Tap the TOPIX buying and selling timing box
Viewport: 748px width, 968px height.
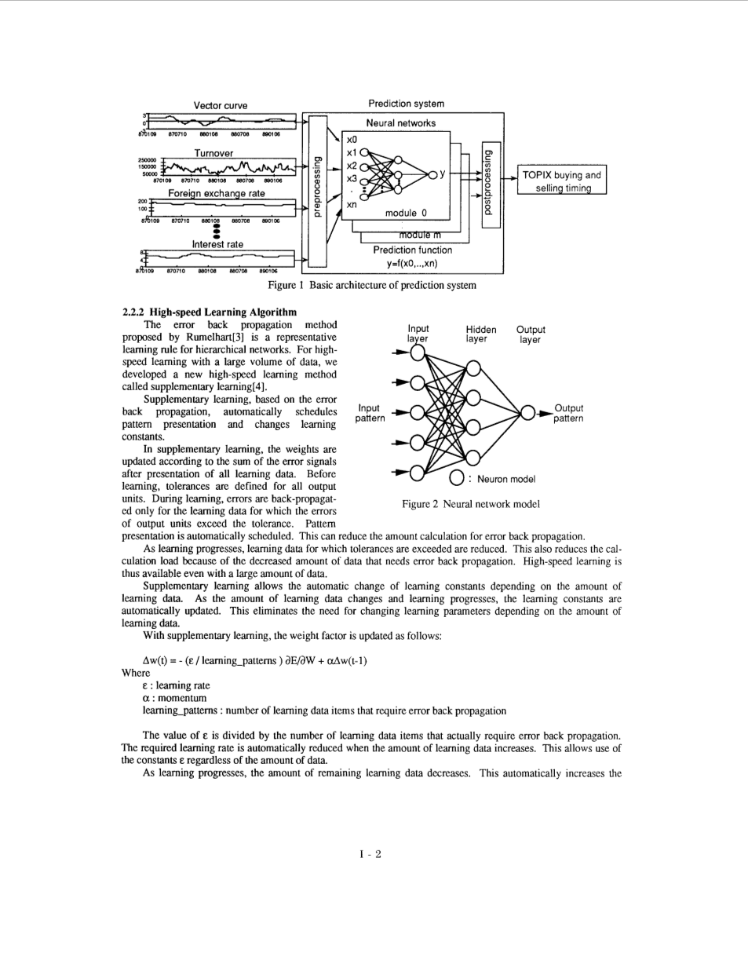click(562, 181)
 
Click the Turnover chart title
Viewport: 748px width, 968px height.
click(213, 153)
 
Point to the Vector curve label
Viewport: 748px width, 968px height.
click(221, 105)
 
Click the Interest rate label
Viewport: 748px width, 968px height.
click(217, 244)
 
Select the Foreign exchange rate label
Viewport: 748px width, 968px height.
click(216, 193)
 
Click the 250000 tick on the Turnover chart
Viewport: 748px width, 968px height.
click(147, 160)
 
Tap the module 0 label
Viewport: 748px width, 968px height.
click(406, 213)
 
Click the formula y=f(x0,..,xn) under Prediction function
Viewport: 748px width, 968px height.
click(412, 263)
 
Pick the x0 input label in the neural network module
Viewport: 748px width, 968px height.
click(352, 139)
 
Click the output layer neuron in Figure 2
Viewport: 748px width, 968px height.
click(528, 413)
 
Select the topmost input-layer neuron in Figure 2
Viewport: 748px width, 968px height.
click(418, 352)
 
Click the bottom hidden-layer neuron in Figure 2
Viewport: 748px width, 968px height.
click(473, 457)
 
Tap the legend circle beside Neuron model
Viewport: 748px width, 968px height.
click(457, 478)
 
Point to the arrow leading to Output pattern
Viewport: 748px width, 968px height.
click(544, 413)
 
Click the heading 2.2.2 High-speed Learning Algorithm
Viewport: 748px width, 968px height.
click(210, 312)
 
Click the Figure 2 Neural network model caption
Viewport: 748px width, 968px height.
click(470, 504)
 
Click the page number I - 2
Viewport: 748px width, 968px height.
click(370, 854)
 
